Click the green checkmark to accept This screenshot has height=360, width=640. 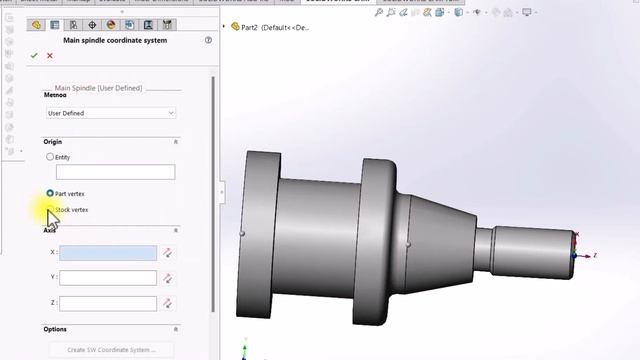[x=35, y=56]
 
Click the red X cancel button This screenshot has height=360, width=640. [x=49, y=56]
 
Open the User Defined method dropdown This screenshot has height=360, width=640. [x=110, y=113]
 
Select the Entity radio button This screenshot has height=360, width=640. [x=51, y=157]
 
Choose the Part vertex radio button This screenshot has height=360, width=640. [x=50, y=193]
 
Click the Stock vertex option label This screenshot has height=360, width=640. [x=72, y=210]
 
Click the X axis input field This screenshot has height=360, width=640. [x=108, y=254]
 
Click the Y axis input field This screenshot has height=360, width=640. [x=108, y=278]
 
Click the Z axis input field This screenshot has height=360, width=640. [x=108, y=303]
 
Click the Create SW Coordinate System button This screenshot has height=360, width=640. [x=111, y=350]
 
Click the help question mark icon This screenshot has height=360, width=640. [x=208, y=41]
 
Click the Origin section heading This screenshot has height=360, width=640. [x=52, y=142]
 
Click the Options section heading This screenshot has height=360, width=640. [x=55, y=329]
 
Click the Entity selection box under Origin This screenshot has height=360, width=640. [x=115, y=172]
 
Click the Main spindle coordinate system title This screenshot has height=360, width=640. [x=115, y=41]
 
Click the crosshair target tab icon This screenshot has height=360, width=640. [x=92, y=25]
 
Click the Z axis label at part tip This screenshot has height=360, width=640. [x=594, y=256]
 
